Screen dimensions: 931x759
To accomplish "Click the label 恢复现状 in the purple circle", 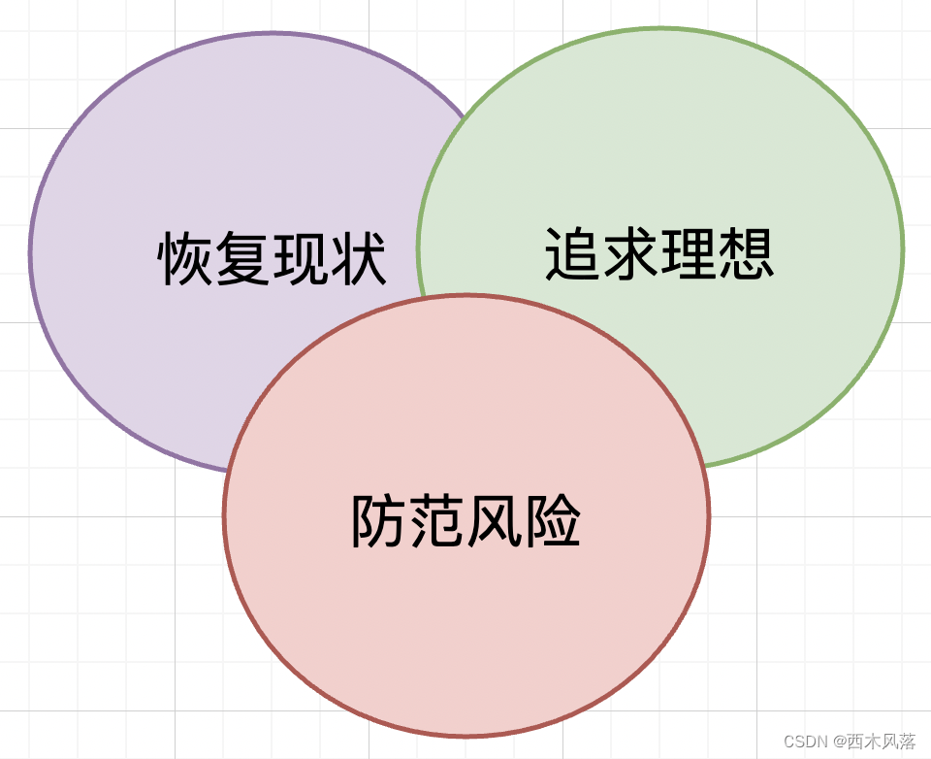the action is click(272, 258).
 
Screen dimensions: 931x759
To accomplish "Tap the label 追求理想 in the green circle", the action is click(659, 254).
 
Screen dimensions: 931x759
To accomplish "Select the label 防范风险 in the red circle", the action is click(465, 521).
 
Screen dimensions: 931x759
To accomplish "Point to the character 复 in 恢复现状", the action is click(242, 258).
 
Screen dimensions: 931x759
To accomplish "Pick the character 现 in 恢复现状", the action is click(301, 258).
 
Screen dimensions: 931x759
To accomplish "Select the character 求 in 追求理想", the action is click(630, 254).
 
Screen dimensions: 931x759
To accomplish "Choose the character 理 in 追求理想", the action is click(689, 254).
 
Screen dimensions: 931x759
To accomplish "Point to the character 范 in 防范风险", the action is click(436, 521).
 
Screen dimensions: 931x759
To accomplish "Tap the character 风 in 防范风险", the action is click(495, 521).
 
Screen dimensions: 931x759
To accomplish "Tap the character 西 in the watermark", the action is click(854, 742).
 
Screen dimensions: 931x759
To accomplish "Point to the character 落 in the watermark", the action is click(907, 742).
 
